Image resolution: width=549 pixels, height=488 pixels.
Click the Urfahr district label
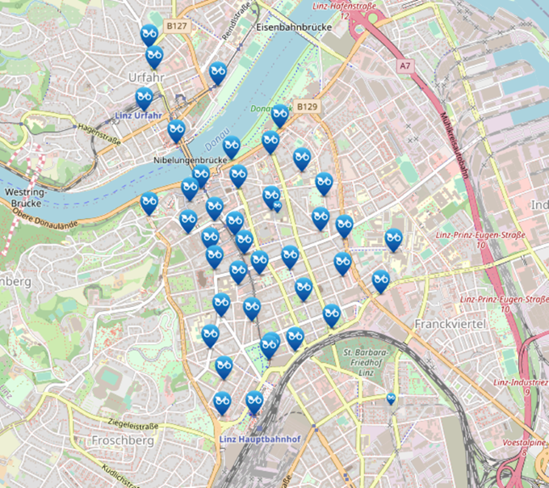146,77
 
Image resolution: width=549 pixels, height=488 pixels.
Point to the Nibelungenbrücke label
187,161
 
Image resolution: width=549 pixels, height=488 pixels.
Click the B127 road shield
177,27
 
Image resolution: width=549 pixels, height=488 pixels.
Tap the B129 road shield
305,107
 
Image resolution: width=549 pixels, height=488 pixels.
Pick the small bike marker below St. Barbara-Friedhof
391,398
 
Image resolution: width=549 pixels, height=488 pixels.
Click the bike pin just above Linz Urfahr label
145,98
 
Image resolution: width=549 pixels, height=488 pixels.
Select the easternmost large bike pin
393,238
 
